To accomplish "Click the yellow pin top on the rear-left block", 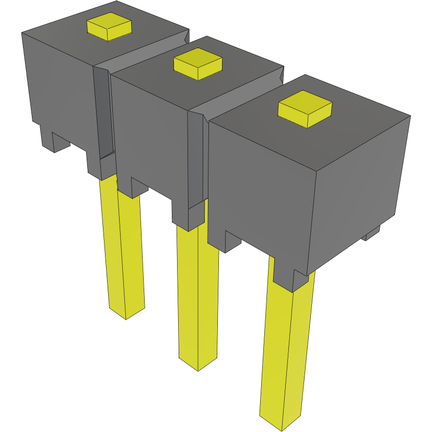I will tap(109, 26).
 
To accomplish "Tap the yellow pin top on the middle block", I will tap(197, 63).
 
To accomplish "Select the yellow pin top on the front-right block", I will tap(305, 108).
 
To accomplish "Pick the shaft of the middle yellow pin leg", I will tap(197, 293).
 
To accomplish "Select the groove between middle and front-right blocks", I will tap(197, 157).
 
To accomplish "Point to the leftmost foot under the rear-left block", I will tap(55, 141).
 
